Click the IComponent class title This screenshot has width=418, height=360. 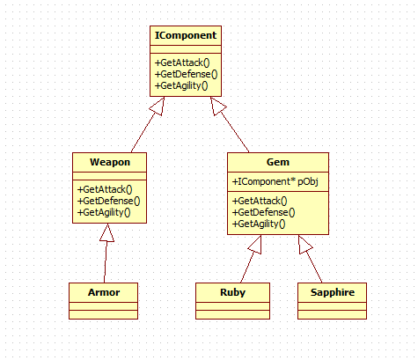(x=186, y=35)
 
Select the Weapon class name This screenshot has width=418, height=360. (x=110, y=162)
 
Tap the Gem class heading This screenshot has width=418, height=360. (x=278, y=162)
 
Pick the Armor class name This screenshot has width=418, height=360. (x=104, y=292)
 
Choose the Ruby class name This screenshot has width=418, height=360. (x=232, y=292)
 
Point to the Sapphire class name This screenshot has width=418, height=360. (x=333, y=292)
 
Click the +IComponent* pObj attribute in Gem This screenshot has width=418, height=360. (x=275, y=181)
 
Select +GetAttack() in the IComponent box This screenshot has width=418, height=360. (x=182, y=62)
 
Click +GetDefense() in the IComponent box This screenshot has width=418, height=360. (x=186, y=74)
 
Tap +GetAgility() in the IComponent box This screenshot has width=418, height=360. (x=181, y=85)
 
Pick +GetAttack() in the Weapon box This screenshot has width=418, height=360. (x=105, y=189)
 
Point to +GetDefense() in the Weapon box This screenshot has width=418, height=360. (x=108, y=201)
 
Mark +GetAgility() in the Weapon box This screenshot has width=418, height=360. (x=104, y=212)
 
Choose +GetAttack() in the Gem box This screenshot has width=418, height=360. (x=260, y=201)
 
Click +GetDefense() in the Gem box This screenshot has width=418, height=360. (x=263, y=212)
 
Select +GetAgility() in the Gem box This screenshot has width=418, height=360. (x=259, y=224)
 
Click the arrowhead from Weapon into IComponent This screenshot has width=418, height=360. (x=158, y=106)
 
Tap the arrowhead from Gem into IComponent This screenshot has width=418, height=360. (x=217, y=106)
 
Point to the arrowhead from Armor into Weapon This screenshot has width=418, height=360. (x=107, y=233)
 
